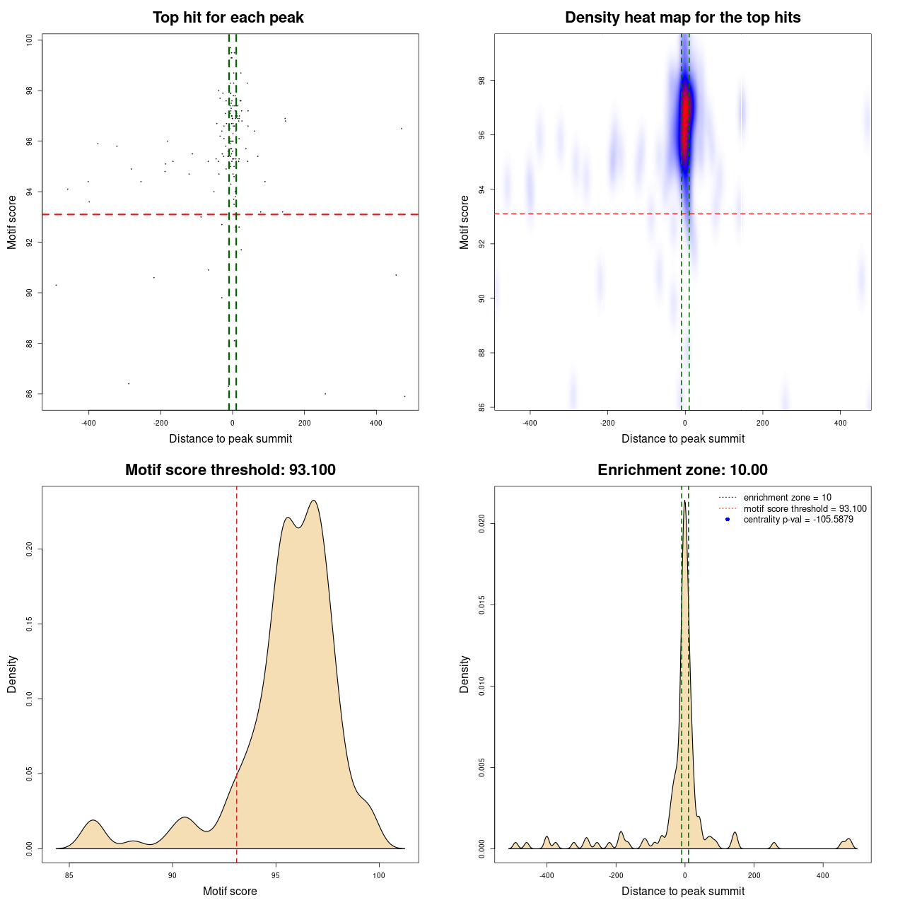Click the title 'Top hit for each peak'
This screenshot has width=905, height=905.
tap(228, 18)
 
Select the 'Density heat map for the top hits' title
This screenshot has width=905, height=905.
tap(682, 18)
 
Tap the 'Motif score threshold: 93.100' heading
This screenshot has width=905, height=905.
tap(230, 470)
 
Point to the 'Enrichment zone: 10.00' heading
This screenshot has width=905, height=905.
tap(682, 470)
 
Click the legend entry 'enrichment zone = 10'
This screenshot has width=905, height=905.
tap(787, 498)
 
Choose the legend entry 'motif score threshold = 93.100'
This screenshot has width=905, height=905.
tap(805, 508)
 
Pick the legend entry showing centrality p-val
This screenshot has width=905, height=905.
tap(798, 520)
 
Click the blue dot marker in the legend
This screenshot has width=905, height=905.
tap(728, 520)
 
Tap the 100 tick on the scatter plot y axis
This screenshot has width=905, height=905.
tap(30, 40)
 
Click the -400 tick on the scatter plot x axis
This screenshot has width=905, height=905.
tap(88, 423)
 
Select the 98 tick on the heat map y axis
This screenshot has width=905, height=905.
tap(482, 81)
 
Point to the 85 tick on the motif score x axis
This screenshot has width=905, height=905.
tap(69, 875)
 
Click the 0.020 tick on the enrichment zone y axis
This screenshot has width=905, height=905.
tap(482, 524)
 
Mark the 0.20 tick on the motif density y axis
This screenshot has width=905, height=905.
tap(30, 549)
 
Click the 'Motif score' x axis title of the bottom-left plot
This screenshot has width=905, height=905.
tap(230, 891)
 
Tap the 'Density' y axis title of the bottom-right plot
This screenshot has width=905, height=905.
tap(465, 674)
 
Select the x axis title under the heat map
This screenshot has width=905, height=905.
tap(682, 438)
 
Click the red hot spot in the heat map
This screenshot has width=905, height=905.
tap(684, 120)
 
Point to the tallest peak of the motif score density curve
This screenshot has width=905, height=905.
tap(313, 501)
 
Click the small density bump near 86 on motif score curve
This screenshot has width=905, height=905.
tap(93, 821)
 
